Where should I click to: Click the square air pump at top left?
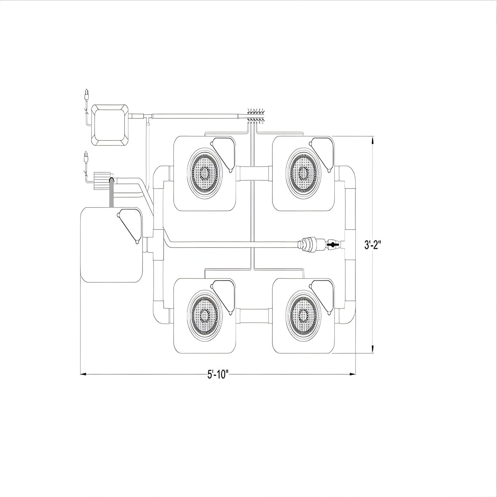click(x=110, y=124)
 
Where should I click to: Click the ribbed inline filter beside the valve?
click(x=309, y=244)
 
